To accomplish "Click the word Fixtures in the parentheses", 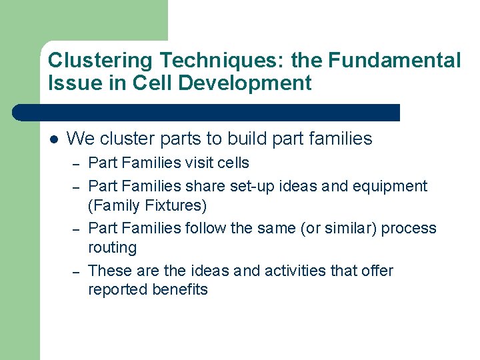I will coord(174,205).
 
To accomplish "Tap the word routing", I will coord(112,248).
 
